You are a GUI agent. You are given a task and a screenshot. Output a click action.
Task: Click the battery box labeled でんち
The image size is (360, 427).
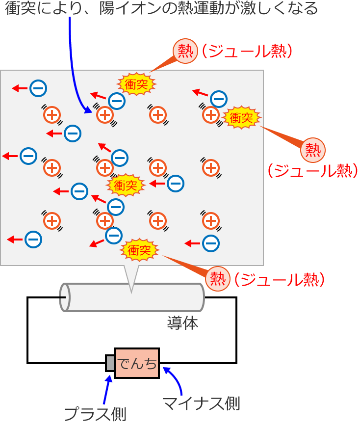(137, 363)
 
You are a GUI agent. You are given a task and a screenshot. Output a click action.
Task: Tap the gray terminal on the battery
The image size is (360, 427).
(110, 363)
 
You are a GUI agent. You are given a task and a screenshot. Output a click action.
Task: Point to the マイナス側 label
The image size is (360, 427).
(201, 403)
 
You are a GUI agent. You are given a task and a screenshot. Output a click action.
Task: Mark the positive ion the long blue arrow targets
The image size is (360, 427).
(104, 115)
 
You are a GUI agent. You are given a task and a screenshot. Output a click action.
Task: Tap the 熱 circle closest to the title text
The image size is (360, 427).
(185, 51)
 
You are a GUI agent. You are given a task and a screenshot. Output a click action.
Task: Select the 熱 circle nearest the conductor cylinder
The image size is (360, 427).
(217, 278)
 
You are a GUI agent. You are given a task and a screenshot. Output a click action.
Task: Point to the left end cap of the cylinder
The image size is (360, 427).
(64, 297)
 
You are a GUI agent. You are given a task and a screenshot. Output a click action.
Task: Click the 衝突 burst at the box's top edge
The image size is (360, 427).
(136, 84)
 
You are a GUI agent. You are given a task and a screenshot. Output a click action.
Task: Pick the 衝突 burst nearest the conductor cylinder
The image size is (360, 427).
(140, 250)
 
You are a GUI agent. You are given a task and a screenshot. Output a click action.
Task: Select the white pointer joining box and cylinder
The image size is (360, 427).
(132, 277)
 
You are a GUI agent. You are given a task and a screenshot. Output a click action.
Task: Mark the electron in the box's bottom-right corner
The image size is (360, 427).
(211, 242)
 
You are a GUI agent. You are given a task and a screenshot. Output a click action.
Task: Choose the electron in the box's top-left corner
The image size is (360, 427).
(38, 88)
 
